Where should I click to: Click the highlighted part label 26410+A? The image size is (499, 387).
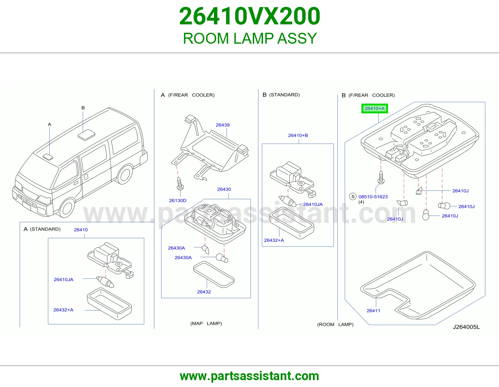375,109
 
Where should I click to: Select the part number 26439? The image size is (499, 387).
222,125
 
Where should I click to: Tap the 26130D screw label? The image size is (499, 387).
177,201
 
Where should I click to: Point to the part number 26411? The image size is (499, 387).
373,311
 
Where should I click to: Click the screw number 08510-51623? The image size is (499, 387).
373,197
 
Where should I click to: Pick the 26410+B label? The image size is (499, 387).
298,135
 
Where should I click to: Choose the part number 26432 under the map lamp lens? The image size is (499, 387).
204,292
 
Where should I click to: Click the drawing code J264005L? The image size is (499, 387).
466,327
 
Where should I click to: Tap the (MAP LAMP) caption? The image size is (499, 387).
206,324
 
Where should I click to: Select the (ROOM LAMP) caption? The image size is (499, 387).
335,325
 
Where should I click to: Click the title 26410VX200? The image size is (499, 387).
249,16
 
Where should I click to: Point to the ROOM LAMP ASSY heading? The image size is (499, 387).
249,38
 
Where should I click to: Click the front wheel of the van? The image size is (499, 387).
67,208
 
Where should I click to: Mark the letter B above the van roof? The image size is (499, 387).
83,108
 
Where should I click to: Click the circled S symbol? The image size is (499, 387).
353,197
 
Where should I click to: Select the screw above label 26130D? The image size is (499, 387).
180,184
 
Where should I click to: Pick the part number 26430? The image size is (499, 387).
224,189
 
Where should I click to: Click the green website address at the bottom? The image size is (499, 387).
249,376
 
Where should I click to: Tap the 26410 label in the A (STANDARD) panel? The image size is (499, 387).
80,230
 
